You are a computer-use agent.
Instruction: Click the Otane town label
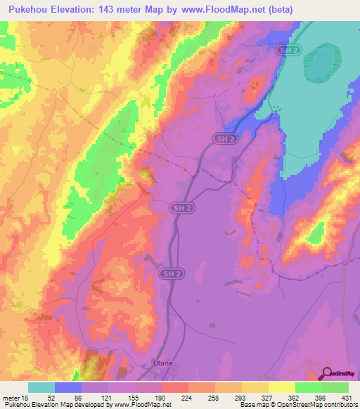point(162,363)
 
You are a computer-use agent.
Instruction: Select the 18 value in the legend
point(26,398)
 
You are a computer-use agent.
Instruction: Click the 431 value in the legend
point(348,398)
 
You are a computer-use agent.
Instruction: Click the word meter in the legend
point(11,398)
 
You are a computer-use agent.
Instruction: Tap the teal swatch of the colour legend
point(41,387)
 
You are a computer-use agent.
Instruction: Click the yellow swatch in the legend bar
point(281,387)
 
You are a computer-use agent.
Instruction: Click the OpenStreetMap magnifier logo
point(328,374)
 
